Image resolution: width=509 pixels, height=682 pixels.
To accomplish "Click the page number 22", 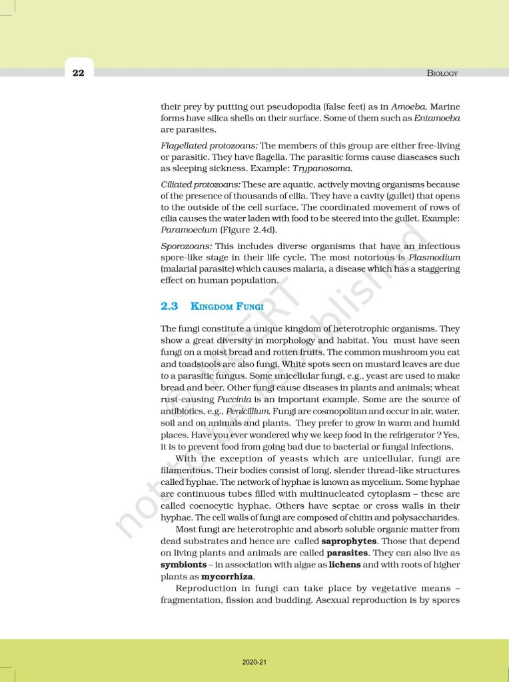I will [79, 73].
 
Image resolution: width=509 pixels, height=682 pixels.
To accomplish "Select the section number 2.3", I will [169, 306].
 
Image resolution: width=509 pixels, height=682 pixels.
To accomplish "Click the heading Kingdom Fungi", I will [227, 306].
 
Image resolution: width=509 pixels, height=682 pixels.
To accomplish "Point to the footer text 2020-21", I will [254, 662].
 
